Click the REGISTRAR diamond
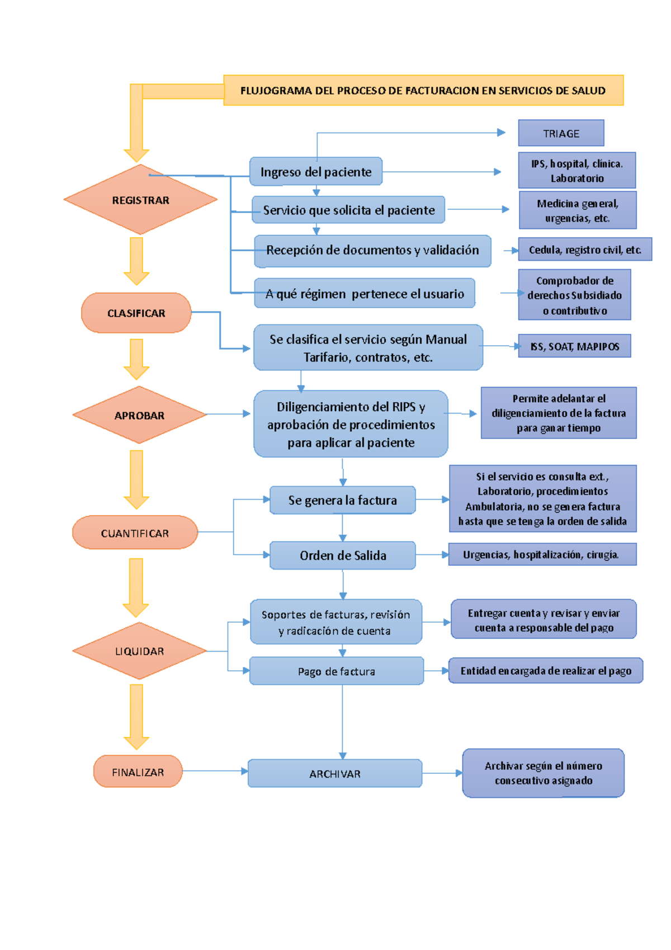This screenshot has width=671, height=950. (140, 200)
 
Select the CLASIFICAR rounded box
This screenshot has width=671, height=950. (136, 313)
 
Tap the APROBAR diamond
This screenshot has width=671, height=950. (139, 415)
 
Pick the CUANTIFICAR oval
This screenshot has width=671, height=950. (135, 533)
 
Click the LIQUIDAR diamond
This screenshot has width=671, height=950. (139, 651)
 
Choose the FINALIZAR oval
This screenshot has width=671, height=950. (138, 772)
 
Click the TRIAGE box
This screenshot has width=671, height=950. (561, 134)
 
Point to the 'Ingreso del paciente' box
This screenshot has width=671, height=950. (316, 172)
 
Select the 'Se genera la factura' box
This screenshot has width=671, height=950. (342, 500)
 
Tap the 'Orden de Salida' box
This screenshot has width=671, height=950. (342, 556)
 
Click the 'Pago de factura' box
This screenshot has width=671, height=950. (336, 671)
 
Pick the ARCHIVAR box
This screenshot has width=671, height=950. (334, 774)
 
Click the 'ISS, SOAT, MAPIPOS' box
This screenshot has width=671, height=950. (574, 346)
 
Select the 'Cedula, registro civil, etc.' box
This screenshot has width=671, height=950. (584, 250)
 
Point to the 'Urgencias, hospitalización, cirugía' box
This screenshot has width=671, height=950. (542, 554)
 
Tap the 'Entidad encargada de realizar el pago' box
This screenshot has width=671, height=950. (545, 671)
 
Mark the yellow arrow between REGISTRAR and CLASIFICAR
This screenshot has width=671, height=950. (136, 261)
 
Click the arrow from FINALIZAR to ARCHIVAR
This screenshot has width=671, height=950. (215, 771)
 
